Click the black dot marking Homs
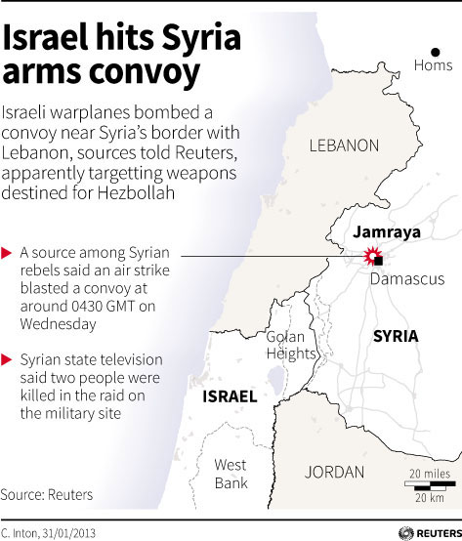(x=436, y=51)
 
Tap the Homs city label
(x=435, y=66)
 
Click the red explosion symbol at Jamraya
(x=371, y=257)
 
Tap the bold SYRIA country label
(x=396, y=336)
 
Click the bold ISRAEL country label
(x=229, y=396)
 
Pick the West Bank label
(x=231, y=473)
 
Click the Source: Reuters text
(x=47, y=495)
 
